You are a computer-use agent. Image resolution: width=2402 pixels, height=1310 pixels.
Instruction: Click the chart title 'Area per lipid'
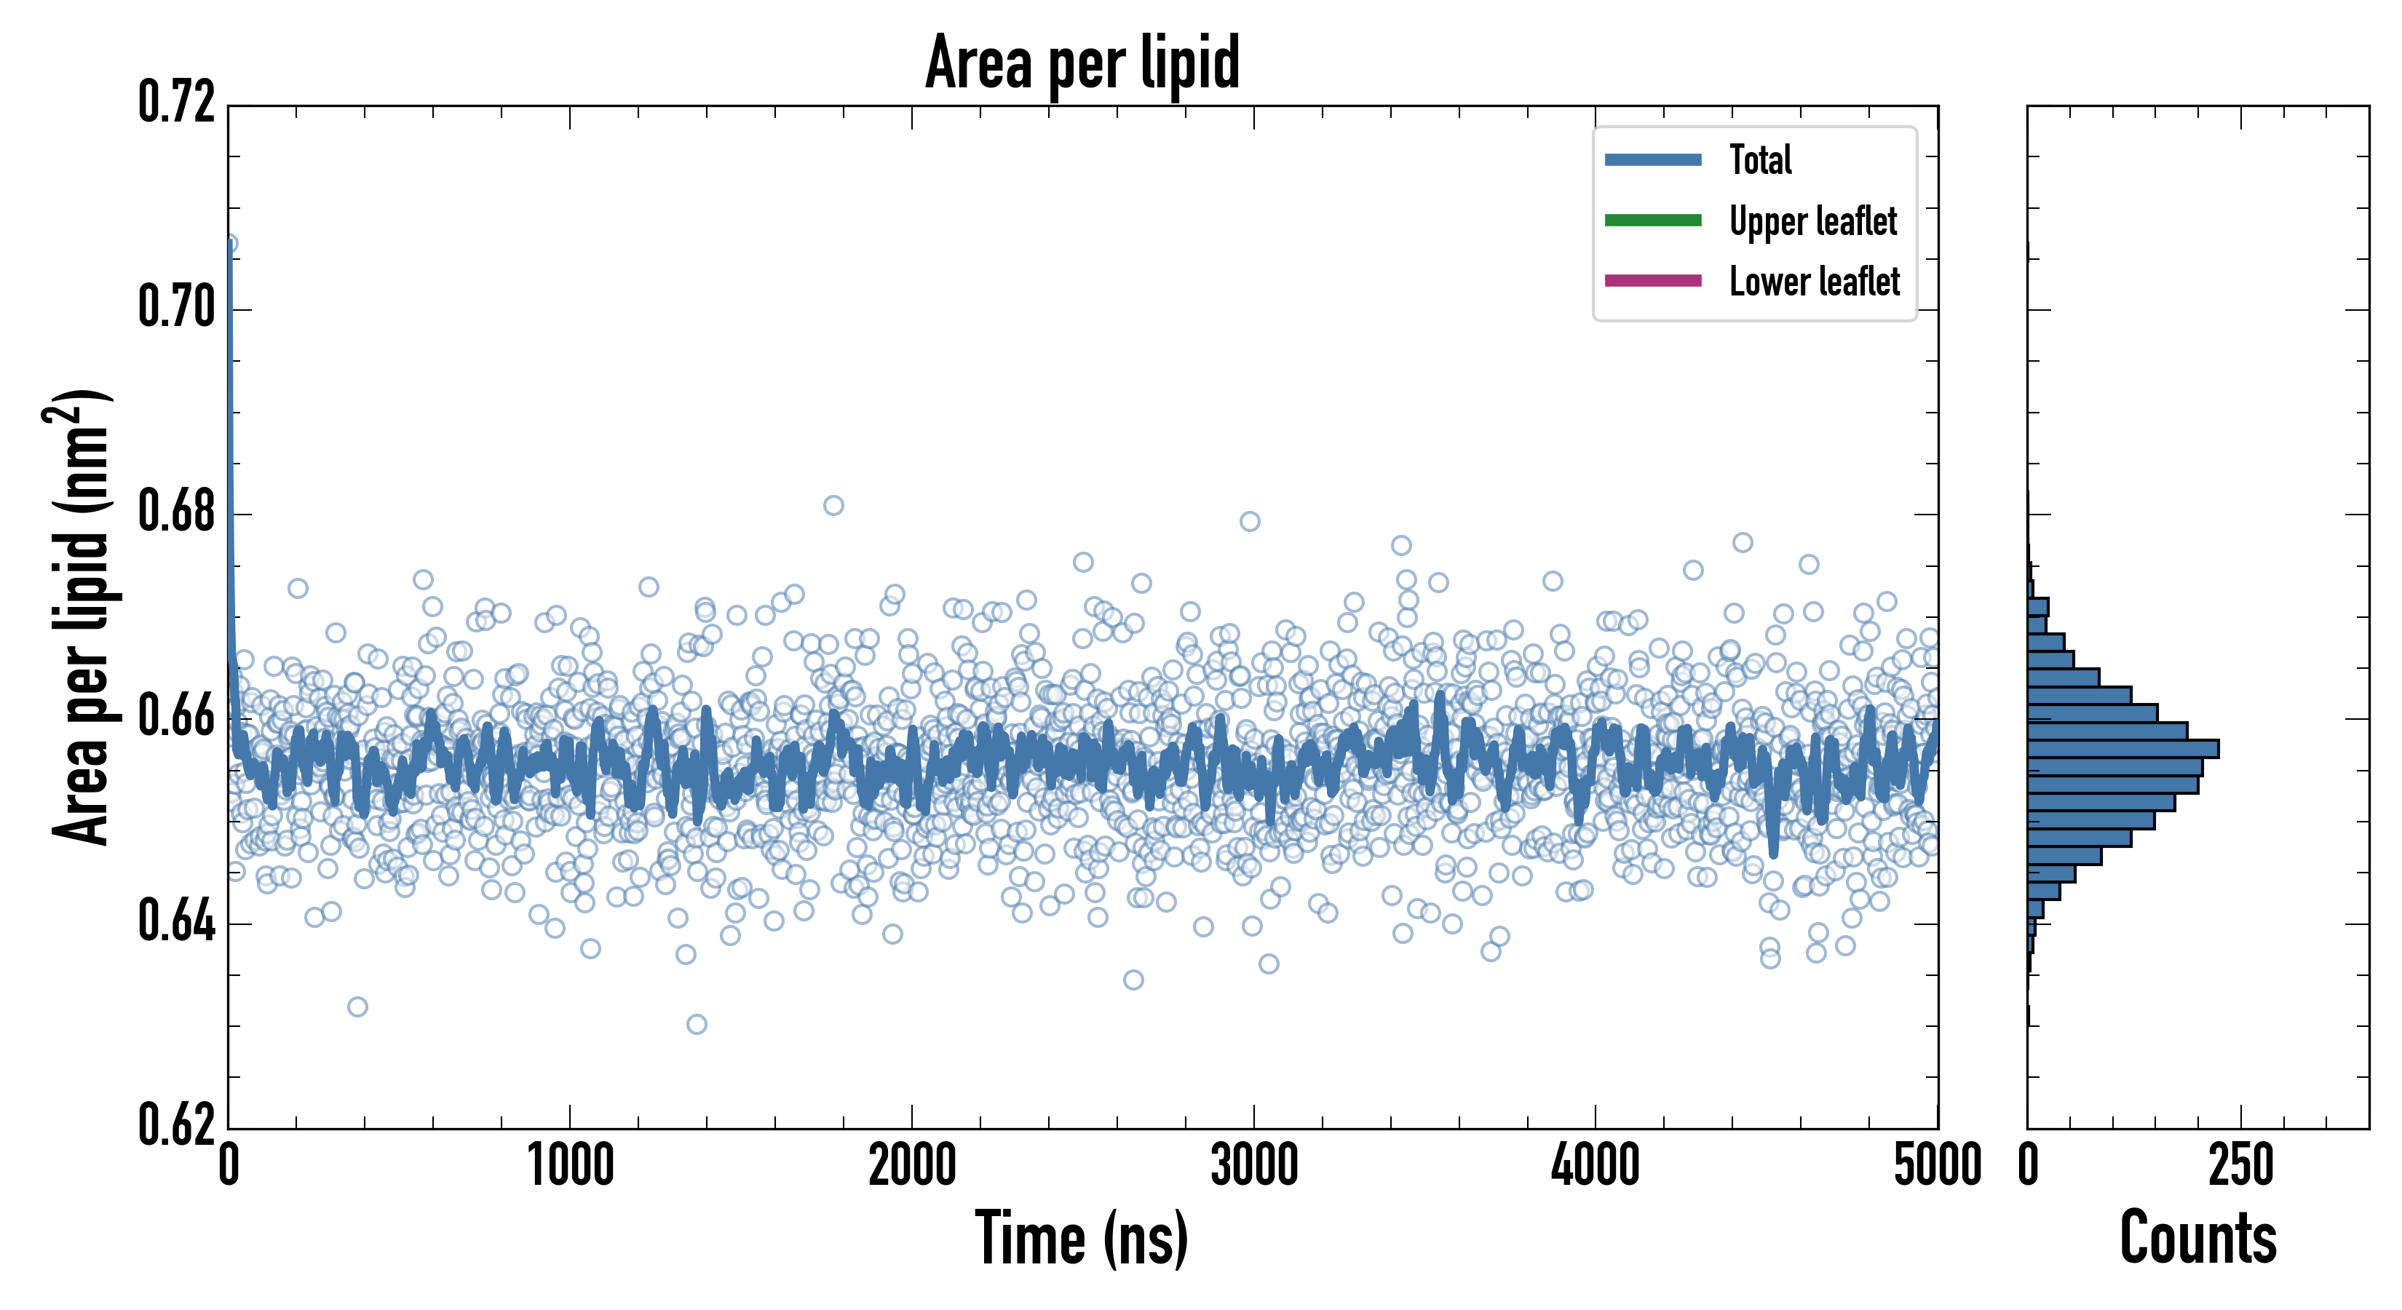[1082, 63]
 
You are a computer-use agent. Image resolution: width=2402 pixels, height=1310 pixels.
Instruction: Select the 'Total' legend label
[1761, 159]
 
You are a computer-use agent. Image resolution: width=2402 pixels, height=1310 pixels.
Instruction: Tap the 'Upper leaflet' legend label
[1812, 221]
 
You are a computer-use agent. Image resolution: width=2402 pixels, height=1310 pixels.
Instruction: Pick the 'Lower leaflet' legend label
[1814, 281]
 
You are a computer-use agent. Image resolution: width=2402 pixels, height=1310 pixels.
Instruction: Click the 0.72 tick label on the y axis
[176, 103]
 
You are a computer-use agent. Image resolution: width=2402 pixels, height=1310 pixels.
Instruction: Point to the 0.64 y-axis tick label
[176, 921]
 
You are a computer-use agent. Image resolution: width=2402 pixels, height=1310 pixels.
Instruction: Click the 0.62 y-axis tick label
[176, 1125]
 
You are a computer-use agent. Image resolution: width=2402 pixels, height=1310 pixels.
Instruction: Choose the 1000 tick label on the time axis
[571, 1165]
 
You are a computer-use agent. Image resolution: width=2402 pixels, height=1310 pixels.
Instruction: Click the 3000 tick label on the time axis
[1254, 1165]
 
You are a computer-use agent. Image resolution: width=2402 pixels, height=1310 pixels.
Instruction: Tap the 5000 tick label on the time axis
[1938, 1165]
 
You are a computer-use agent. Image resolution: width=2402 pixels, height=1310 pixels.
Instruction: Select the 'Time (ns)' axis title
[1082, 1238]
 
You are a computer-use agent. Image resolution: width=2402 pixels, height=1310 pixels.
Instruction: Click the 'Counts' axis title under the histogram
[2197, 1238]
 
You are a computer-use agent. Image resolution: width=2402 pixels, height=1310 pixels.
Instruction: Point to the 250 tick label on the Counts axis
[2240, 1165]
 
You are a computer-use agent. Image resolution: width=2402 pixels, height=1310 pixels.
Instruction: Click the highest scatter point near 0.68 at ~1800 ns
[833, 505]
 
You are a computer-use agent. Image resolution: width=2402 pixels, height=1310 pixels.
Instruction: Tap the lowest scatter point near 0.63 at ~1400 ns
[697, 1025]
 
